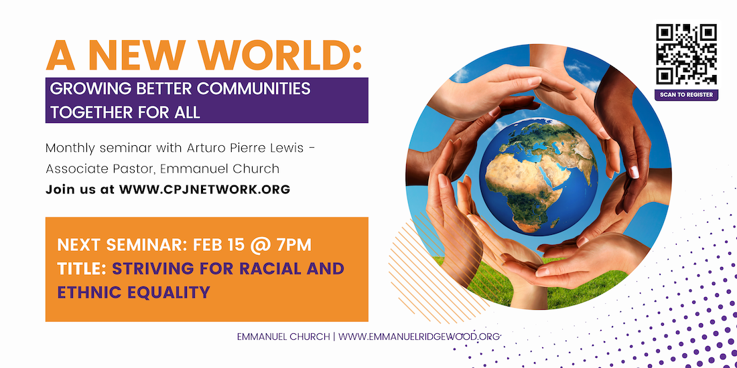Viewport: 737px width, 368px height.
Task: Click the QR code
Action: (x=686, y=54)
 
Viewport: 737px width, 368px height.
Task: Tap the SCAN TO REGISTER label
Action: (x=686, y=95)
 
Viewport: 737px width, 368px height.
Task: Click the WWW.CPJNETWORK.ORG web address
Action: (x=204, y=189)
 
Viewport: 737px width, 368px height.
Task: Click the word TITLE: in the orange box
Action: (x=82, y=268)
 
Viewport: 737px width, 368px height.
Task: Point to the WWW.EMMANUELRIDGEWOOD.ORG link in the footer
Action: (x=419, y=337)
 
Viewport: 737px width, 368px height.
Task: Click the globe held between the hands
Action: (x=539, y=177)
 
